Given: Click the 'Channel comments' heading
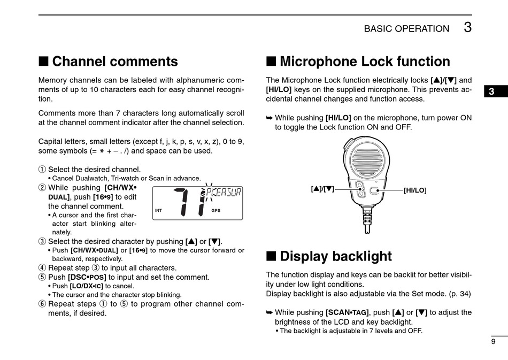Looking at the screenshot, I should [x=114, y=62].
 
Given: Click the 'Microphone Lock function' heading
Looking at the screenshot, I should [x=365, y=62].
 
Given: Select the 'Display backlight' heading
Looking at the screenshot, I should [x=335, y=256].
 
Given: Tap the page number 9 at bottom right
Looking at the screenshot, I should [x=492, y=342].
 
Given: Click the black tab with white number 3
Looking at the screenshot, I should [x=491, y=91].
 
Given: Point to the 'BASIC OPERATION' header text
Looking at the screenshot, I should [x=406, y=29].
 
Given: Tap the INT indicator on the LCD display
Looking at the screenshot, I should [x=158, y=210].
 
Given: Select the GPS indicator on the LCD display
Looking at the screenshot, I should [x=215, y=210].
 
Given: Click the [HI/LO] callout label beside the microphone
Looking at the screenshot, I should [x=415, y=190].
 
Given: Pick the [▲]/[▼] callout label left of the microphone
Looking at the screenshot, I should [x=322, y=188].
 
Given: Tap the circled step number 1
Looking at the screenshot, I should [x=42, y=170].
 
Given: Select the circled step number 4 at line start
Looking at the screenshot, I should [x=42, y=268].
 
